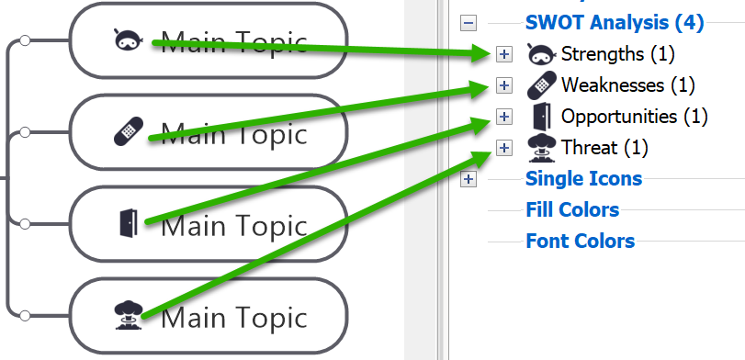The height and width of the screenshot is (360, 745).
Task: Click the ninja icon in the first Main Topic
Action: tap(129, 39)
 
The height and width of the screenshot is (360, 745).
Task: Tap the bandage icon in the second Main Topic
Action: tap(129, 131)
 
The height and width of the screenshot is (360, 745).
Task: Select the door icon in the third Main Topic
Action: tap(129, 223)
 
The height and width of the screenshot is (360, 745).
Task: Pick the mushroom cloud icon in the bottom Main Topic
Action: tap(129, 315)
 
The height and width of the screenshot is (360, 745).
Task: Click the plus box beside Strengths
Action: tap(504, 54)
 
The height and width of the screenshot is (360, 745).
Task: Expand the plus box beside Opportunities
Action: tap(504, 117)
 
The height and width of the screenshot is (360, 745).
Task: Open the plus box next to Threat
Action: tap(504, 148)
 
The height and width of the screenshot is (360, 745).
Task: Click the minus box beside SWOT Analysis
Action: tap(468, 23)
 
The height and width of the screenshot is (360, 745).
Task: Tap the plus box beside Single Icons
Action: tap(468, 179)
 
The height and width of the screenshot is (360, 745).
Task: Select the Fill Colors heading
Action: tap(572, 209)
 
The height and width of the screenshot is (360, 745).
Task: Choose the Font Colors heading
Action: tap(581, 241)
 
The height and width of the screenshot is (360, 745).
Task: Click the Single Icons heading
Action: tap(584, 178)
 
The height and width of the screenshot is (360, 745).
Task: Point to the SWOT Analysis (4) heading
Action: tap(615, 22)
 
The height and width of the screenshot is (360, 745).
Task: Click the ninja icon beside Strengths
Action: tap(542, 53)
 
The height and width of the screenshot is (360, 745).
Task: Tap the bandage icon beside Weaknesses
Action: tap(542, 85)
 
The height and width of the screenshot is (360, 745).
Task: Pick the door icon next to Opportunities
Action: tap(542, 117)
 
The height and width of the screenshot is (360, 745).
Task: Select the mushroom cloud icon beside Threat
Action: tap(542, 148)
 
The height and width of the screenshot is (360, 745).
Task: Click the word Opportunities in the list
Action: tap(619, 117)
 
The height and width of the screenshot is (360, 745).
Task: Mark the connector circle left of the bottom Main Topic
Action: tap(25, 315)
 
